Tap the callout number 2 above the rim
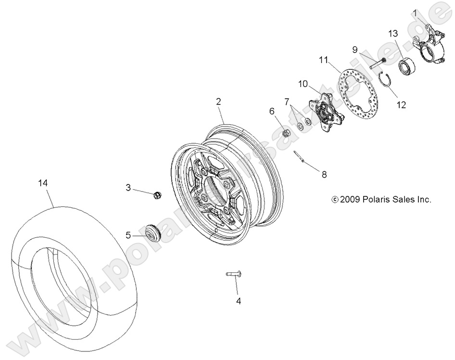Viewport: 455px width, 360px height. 218,102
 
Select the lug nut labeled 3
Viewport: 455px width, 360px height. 156,195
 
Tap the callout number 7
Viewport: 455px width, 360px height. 287,102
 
